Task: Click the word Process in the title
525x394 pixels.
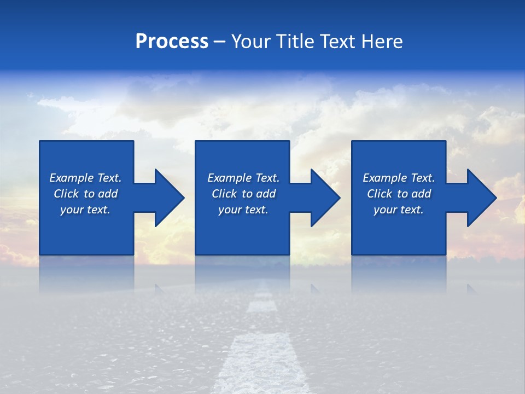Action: click(x=172, y=42)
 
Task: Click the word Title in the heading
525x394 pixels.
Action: click(x=294, y=42)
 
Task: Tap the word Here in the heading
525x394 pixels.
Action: click(x=382, y=42)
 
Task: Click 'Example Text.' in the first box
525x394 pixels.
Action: click(x=85, y=178)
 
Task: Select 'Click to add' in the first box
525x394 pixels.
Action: click(x=85, y=194)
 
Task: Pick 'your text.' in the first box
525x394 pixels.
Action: click(x=85, y=210)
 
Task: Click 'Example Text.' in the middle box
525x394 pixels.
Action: click(x=243, y=178)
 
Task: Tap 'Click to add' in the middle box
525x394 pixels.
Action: click(x=243, y=194)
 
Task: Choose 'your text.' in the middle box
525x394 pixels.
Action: click(x=243, y=210)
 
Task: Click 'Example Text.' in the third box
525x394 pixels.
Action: click(x=399, y=178)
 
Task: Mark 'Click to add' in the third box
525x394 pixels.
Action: click(x=399, y=194)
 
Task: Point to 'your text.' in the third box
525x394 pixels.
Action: click(x=399, y=210)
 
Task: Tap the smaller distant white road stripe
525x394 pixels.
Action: click(x=262, y=304)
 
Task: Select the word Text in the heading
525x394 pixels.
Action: click(x=337, y=42)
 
